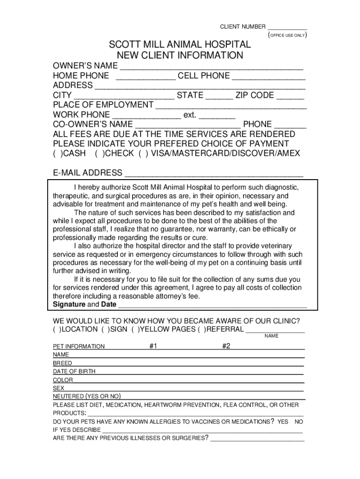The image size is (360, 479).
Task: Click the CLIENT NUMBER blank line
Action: pyautogui.click(x=287, y=27)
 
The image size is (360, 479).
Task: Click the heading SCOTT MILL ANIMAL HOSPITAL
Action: pyautogui.click(x=180, y=45)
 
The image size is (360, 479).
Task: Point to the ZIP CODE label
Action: pyautogui.click(x=255, y=95)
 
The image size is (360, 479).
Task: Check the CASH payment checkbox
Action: pyautogui.click(x=58, y=153)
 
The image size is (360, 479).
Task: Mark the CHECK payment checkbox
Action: pyautogui.click(x=100, y=153)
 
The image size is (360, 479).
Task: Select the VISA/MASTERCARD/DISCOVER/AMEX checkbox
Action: pyautogui.click(x=142, y=153)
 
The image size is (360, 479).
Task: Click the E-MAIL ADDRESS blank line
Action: pyautogui.click(x=213, y=174)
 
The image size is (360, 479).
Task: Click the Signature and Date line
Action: pyautogui.click(x=212, y=305)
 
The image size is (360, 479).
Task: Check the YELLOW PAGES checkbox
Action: pyautogui.click(x=136, y=329)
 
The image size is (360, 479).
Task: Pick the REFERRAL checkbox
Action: pyautogui.click(x=202, y=329)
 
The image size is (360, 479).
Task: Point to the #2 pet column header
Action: pyautogui.click(x=226, y=346)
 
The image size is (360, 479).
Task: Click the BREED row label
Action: pyautogui.click(x=63, y=363)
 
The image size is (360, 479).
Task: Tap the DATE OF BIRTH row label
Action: pyautogui.click(x=74, y=371)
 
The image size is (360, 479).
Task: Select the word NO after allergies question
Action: pyautogui.click(x=299, y=421)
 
